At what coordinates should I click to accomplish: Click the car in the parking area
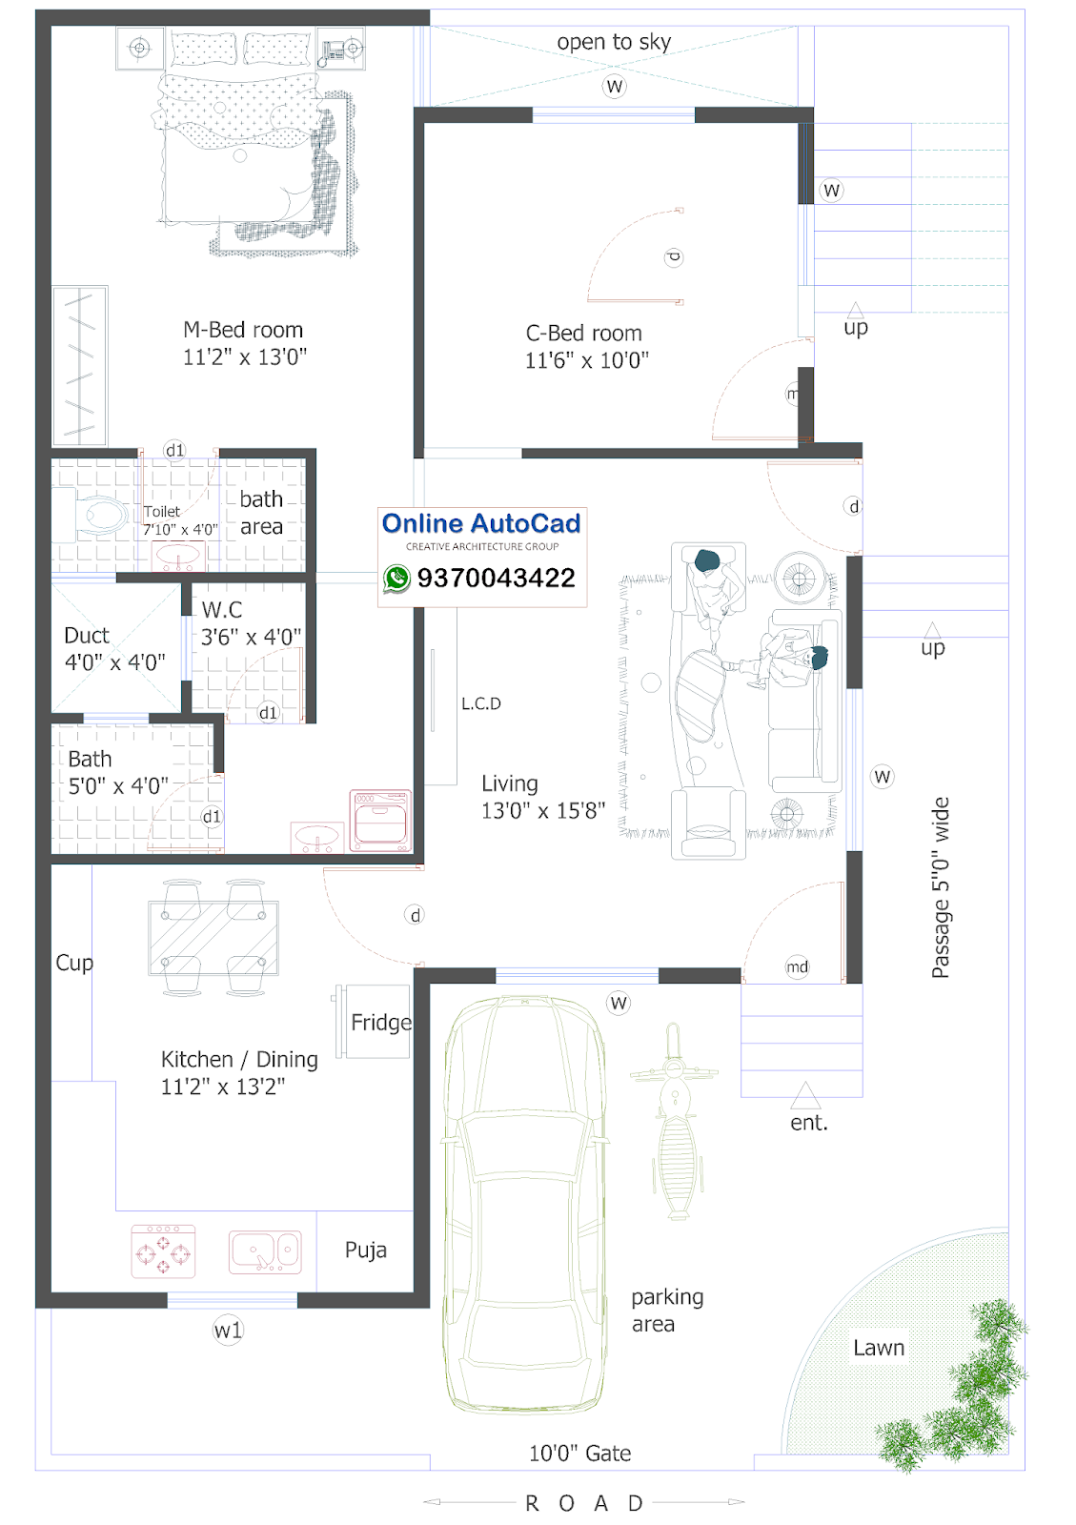point(524,1204)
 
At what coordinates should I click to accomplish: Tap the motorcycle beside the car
point(675,1121)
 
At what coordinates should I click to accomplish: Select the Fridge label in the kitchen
point(381,1022)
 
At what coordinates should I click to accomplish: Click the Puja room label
point(365,1250)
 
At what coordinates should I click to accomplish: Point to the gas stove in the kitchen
point(163,1251)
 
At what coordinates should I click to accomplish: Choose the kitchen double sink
point(265,1252)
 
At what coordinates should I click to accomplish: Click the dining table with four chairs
point(213,938)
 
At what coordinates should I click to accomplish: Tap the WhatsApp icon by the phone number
point(396,578)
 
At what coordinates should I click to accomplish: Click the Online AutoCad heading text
point(481,523)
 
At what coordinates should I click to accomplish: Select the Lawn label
point(879,1348)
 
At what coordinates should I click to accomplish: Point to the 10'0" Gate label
point(579,1454)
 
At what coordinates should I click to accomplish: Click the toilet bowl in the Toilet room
point(101,514)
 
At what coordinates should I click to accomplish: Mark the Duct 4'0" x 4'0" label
point(114,648)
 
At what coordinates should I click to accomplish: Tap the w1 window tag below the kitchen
point(228,1330)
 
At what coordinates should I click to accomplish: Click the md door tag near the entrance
point(797,966)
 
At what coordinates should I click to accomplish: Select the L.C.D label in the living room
point(481,703)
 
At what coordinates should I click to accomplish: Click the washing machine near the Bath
point(380,821)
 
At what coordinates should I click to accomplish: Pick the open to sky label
point(614,42)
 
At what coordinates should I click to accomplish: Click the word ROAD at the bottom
point(584,1502)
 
